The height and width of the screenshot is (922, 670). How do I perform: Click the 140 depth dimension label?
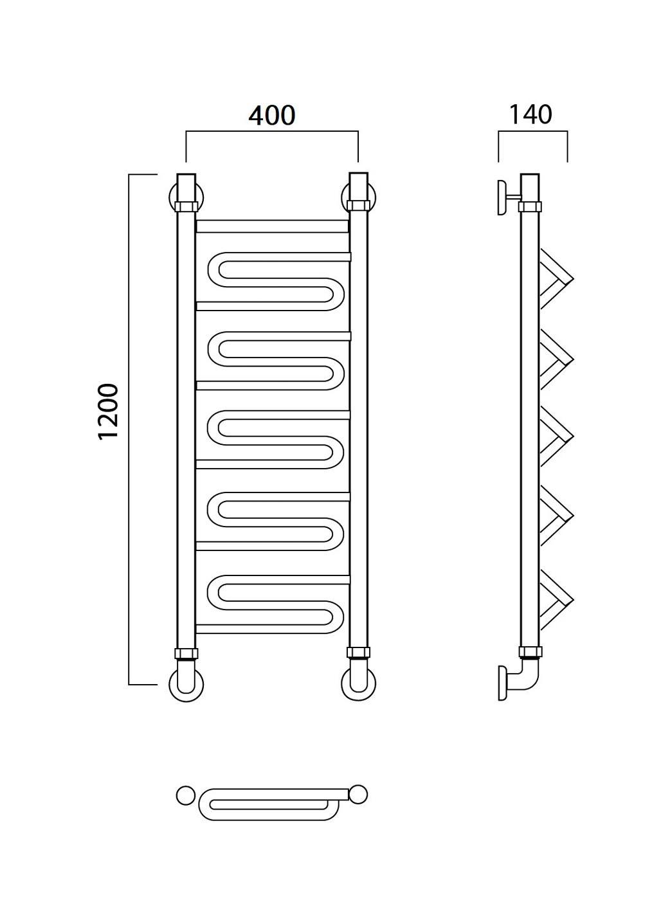530,114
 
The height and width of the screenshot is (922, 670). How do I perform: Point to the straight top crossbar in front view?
272,226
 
